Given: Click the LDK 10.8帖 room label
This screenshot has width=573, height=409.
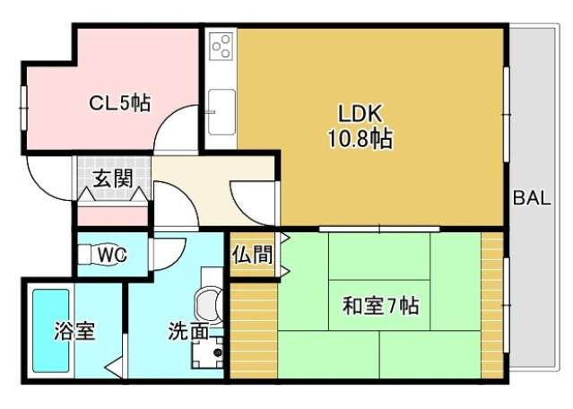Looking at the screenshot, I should pos(363,126).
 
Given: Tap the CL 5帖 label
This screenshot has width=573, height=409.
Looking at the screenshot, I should pos(118,103).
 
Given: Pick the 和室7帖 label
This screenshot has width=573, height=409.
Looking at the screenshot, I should pos(379,306).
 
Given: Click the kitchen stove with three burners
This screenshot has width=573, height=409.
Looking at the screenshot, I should pos(221,46).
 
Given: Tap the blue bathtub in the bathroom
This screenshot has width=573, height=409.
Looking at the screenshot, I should pos(51,329).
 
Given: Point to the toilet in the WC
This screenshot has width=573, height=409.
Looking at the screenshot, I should pos(90,256).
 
